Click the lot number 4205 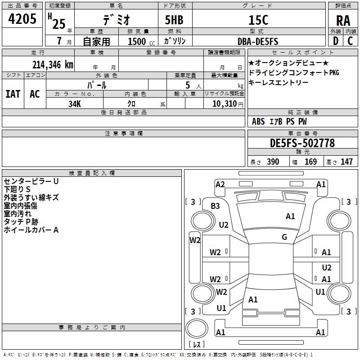(x=22, y=19)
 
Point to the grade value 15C (x=258, y=20)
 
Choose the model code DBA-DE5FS (x=258, y=41)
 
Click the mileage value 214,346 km (x=52, y=64)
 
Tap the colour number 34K (x=74, y=103)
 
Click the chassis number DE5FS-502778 (x=302, y=143)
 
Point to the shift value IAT (x=13, y=94)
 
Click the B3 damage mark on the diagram (x=216, y=206)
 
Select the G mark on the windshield (x=284, y=237)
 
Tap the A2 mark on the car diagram (x=220, y=184)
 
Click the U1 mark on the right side (x=320, y=292)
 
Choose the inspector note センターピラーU (x=31, y=181)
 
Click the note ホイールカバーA (x=31, y=230)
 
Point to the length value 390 (x=273, y=162)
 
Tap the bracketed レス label (x=196, y=345)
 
